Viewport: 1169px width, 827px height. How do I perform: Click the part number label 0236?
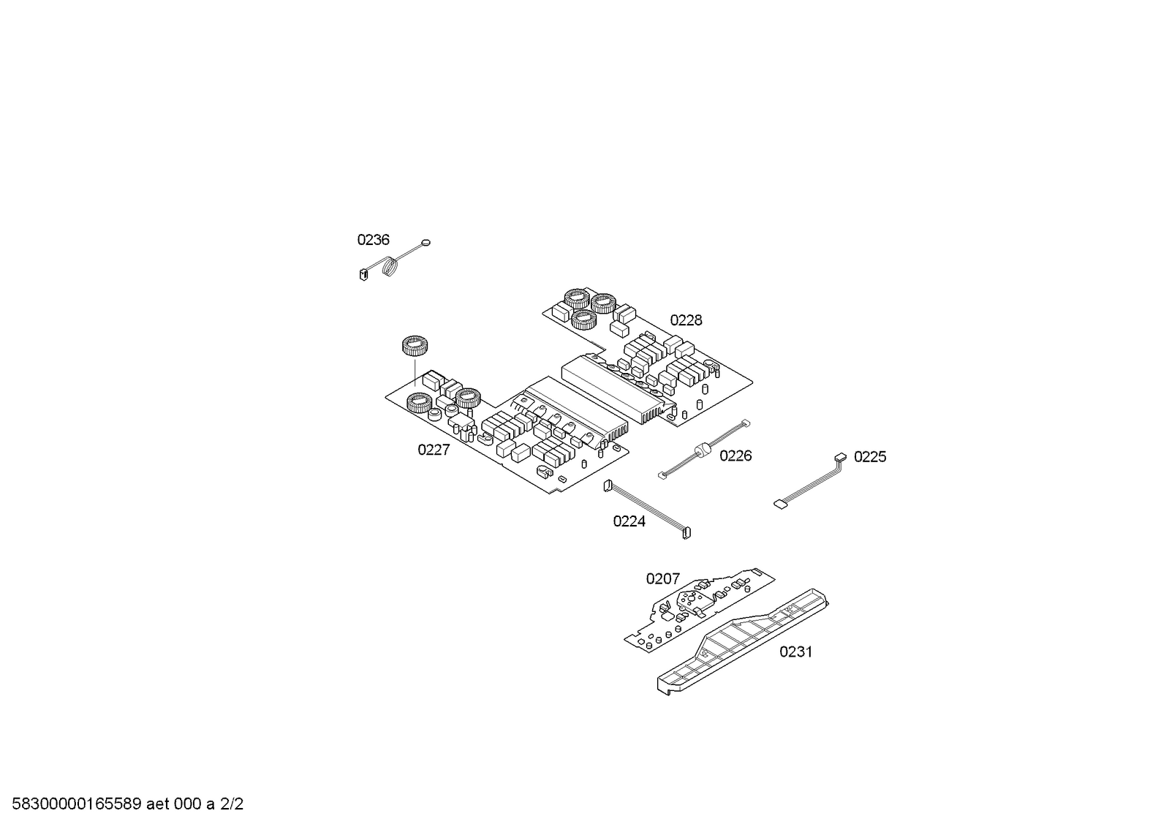pos(373,240)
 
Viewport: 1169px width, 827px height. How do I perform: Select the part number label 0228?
pos(686,320)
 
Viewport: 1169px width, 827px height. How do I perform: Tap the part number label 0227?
pos(434,450)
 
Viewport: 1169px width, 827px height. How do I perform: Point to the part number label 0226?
pos(735,456)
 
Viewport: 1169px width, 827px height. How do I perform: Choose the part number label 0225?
pos(870,457)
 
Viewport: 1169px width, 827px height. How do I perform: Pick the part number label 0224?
pos(629,521)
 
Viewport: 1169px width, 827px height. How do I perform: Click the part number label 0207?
pos(663,579)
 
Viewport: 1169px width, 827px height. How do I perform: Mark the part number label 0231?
pos(796,652)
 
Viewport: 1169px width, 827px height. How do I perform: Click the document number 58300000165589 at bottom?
pos(76,804)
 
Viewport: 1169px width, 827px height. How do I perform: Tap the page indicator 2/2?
pos(232,804)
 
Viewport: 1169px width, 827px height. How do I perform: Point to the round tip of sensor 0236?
pos(425,242)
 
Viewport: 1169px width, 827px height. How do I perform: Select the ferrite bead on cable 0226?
pos(703,450)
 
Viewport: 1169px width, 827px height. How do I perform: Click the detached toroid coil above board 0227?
pos(415,346)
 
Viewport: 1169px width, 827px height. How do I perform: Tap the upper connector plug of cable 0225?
pos(840,457)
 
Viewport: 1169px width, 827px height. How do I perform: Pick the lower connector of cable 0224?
pos(686,533)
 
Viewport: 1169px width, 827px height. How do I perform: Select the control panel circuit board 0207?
pos(700,609)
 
